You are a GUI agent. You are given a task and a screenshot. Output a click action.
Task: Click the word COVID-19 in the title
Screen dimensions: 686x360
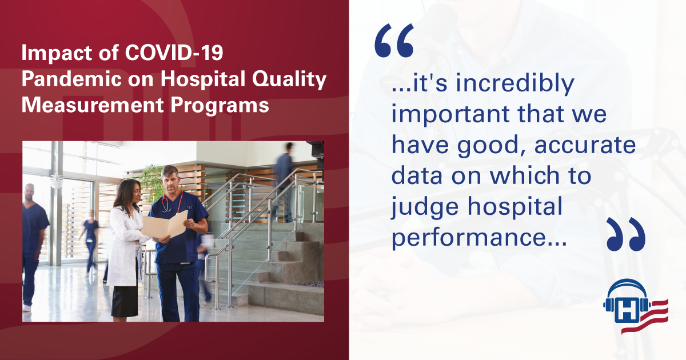click(x=174, y=53)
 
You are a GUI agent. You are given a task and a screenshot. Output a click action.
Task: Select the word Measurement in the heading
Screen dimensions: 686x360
click(x=93, y=105)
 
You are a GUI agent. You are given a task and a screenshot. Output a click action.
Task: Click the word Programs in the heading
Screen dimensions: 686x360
click(x=220, y=106)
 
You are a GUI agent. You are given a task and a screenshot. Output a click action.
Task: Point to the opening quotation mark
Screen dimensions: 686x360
click(x=394, y=41)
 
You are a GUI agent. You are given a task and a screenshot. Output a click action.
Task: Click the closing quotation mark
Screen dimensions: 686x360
click(x=626, y=234)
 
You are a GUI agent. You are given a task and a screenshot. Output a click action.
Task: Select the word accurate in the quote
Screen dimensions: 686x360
click(x=585, y=145)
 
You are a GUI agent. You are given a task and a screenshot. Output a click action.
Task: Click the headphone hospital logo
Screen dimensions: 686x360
click(x=636, y=306)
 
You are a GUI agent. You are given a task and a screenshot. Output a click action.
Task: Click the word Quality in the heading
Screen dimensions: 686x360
click(x=289, y=79)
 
